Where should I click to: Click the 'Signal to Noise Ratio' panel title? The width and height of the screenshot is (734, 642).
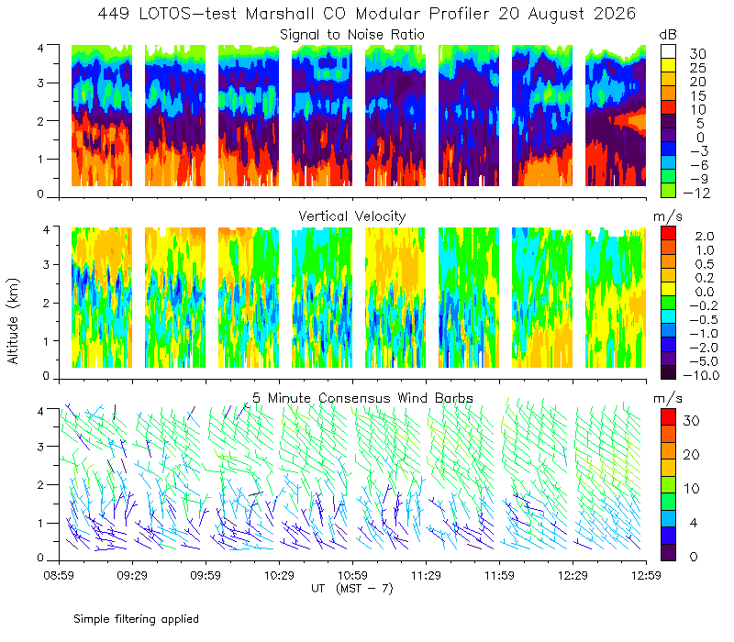click(x=352, y=35)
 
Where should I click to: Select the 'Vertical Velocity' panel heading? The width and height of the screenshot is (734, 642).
click(x=352, y=216)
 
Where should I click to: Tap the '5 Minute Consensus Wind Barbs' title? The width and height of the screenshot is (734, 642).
click(x=362, y=398)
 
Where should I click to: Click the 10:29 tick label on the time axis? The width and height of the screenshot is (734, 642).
click(x=279, y=575)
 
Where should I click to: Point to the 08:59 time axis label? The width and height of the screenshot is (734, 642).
click(x=59, y=575)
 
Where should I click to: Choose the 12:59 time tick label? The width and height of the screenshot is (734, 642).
click(x=647, y=575)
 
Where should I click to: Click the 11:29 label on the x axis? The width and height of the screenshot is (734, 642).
click(x=426, y=575)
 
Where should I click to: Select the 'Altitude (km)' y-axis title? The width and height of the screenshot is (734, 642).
click(x=13, y=321)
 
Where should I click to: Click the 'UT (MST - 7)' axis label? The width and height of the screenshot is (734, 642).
click(x=352, y=589)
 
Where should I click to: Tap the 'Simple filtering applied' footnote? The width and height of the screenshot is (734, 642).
click(x=136, y=619)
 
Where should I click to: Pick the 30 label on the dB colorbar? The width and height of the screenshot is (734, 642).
click(x=697, y=54)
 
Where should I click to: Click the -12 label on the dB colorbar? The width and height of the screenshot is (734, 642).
click(x=696, y=193)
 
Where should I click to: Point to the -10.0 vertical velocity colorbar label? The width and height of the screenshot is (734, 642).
click(x=701, y=375)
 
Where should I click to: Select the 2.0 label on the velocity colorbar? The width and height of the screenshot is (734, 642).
click(x=705, y=237)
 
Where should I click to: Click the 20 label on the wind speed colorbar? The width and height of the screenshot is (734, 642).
click(x=692, y=455)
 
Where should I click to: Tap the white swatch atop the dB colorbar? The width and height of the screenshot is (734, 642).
click(x=668, y=51)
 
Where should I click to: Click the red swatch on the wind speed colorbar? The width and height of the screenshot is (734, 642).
click(x=668, y=417)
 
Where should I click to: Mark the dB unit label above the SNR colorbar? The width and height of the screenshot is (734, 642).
click(x=668, y=35)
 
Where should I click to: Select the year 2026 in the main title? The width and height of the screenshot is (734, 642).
click(x=615, y=14)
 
